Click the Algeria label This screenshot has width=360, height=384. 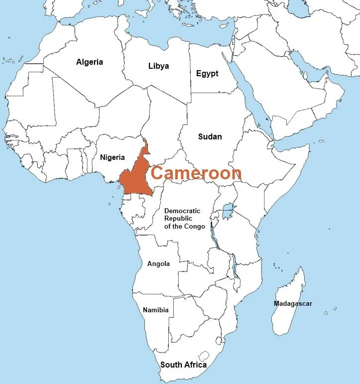(90, 62)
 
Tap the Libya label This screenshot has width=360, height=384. (158, 66)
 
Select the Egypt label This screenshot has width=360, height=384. (207, 73)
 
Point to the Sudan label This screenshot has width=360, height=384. (210, 136)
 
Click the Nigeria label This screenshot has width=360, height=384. (112, 157)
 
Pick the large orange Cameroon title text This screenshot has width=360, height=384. (196, 173)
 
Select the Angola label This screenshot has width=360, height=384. (158, 263)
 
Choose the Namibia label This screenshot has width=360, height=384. (155, 310)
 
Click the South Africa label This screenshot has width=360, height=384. (183, 365)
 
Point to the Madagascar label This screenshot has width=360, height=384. (293, 303)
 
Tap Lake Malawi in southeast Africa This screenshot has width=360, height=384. (234, 266)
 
